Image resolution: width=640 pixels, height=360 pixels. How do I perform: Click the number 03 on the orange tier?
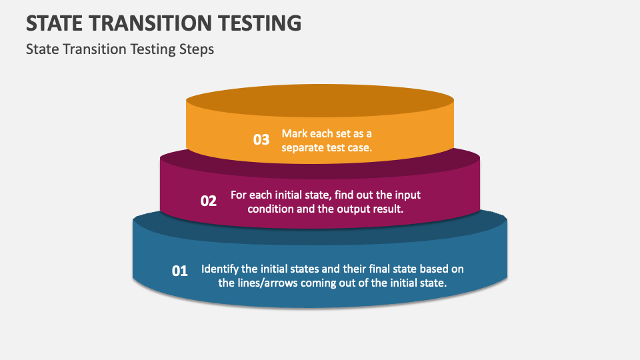pos(261,140)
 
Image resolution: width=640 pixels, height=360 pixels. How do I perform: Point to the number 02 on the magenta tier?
pos(209,201)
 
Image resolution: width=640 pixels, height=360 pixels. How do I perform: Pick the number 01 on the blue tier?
pos(180,271)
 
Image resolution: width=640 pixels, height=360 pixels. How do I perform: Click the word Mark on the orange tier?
pos(294,133)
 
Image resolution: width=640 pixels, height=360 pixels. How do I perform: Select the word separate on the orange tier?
pos(303,147)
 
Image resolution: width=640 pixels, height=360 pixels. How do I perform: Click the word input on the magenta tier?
pos(406,195)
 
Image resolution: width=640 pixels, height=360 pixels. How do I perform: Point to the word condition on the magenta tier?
pos(270,209)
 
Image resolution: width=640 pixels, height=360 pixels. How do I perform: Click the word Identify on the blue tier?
pos(220,269)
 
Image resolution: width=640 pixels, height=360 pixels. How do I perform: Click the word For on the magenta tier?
pos(239,195)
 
